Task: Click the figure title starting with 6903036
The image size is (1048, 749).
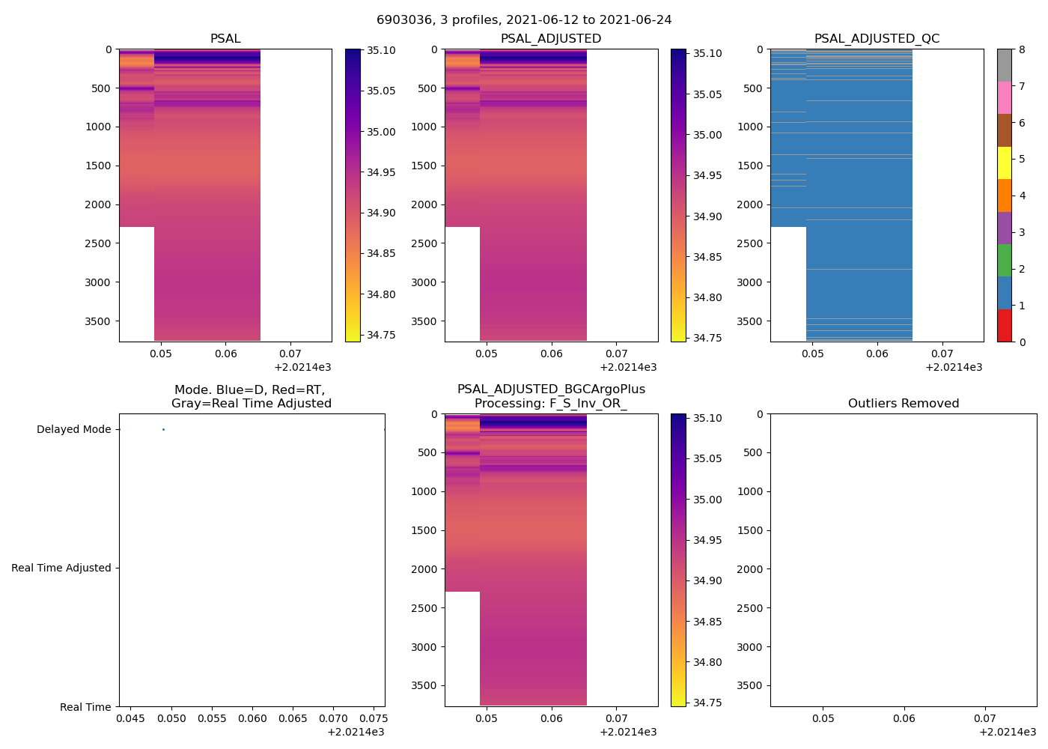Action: (524, 20)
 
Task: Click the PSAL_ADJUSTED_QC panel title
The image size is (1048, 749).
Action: (877, 39)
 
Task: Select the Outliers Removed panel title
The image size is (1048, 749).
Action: (903, 404)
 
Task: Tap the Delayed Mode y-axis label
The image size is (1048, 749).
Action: (73, 430)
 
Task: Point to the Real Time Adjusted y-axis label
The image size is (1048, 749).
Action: (61, 568)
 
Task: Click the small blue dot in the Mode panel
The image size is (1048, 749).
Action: (163, 429)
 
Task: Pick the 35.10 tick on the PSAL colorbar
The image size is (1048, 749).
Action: (380, 50)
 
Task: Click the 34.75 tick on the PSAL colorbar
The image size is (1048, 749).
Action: (380, 335)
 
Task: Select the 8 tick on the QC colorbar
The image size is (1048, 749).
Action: (1021, 50)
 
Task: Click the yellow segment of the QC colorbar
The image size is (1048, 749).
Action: (1004, 163)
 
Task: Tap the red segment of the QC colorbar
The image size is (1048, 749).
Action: (1004, 326)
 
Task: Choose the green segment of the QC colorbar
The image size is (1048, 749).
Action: (1004, 261)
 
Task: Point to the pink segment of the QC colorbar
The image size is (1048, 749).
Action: (1004, 98)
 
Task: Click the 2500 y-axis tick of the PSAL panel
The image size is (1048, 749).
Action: (98, 243)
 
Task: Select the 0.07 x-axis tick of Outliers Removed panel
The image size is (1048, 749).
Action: (985, 718)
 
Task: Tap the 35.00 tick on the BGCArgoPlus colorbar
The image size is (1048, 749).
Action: (707, 500)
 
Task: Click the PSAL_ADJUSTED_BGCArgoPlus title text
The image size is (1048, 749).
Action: (551, 389)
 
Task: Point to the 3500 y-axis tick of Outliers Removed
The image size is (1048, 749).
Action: (749, 686)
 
